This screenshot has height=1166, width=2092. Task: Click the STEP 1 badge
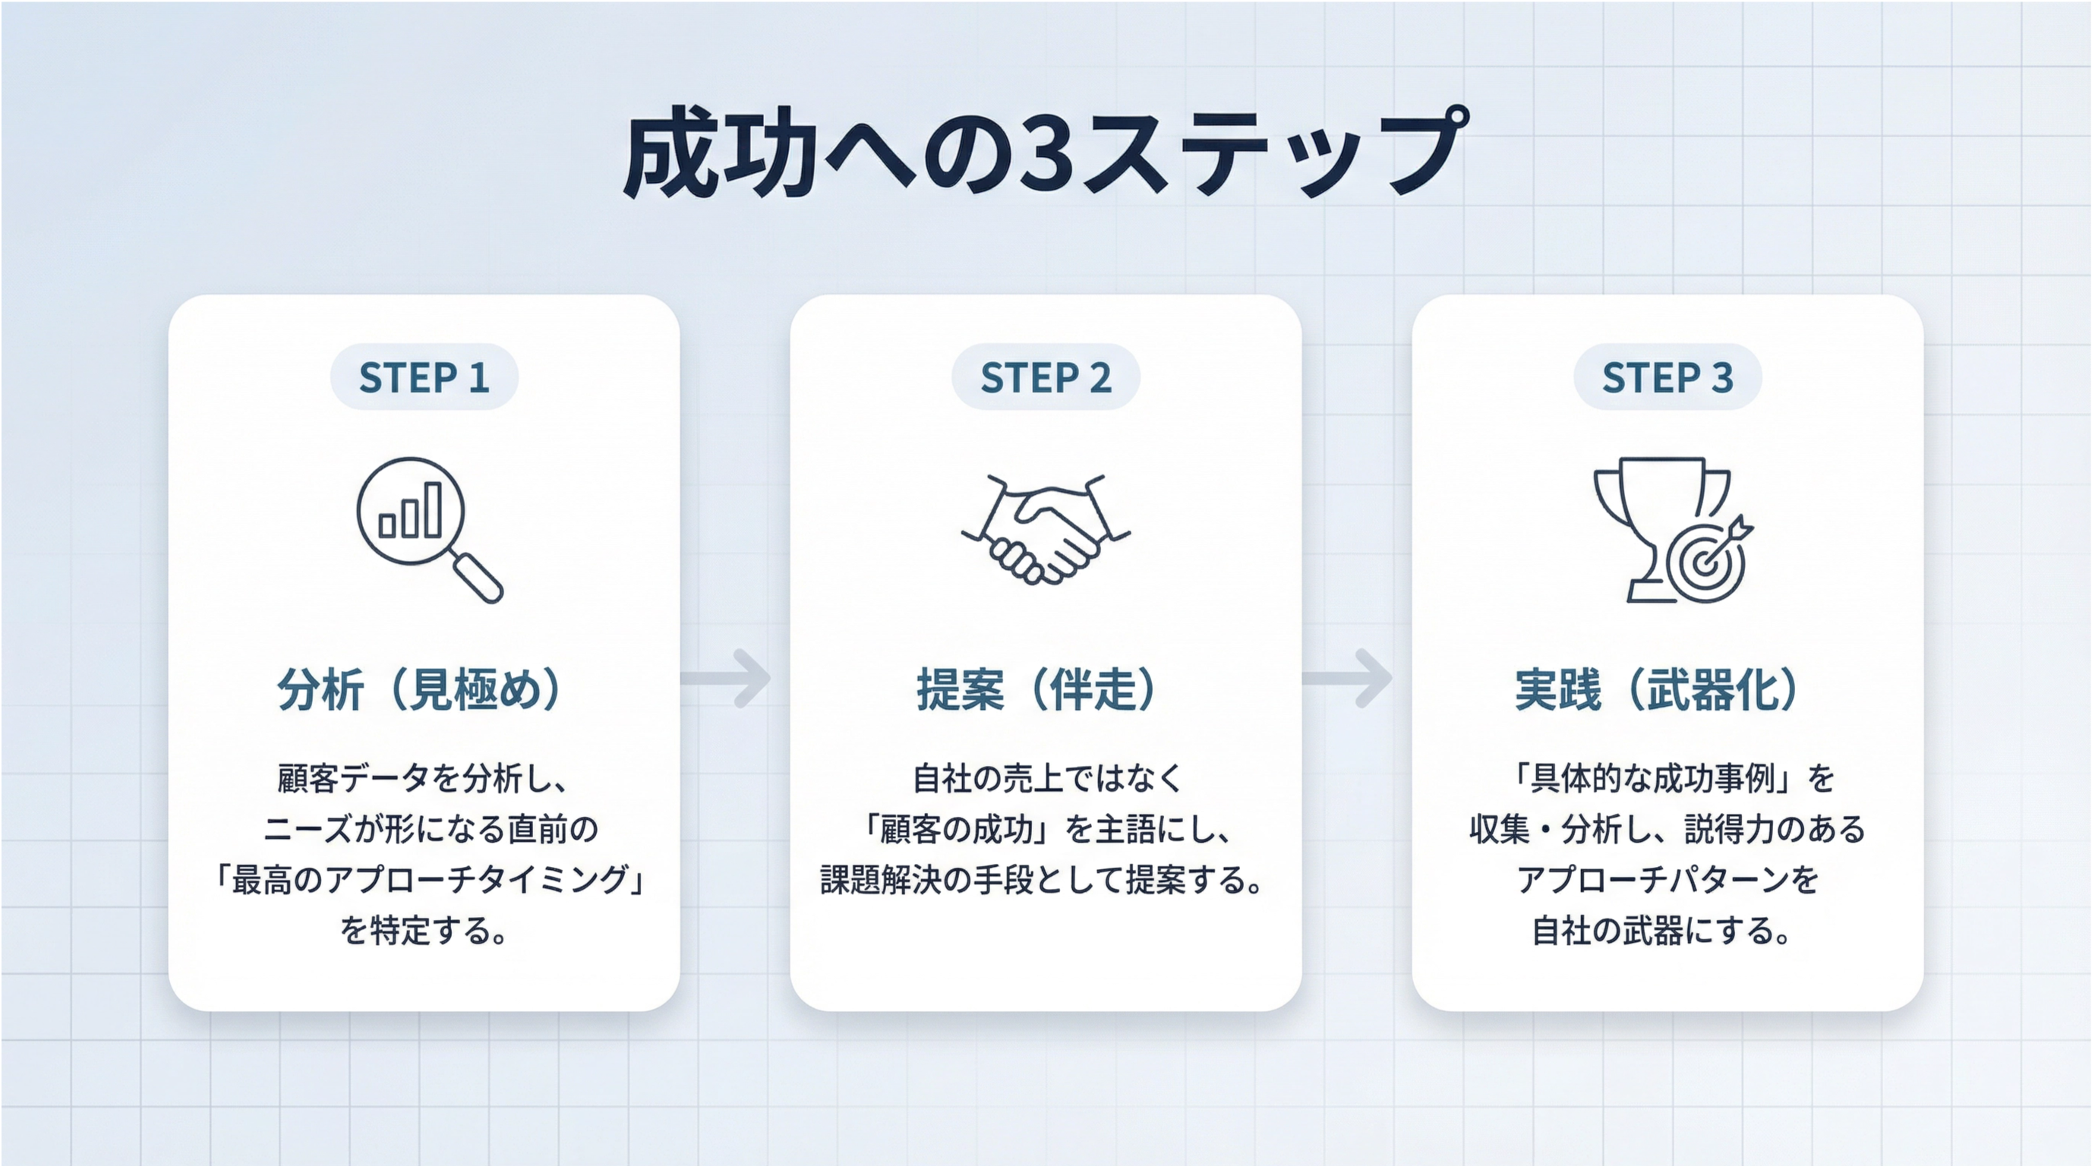[424, 377]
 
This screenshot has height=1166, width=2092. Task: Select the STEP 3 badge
[1668, 377]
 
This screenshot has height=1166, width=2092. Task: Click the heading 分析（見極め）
[420, 689]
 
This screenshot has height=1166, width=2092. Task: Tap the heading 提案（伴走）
[1037, 689]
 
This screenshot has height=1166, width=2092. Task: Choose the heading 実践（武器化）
[1657, 689]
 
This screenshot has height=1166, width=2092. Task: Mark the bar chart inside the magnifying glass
[410, 512]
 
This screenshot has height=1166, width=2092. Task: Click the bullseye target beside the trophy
[1704, 561]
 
